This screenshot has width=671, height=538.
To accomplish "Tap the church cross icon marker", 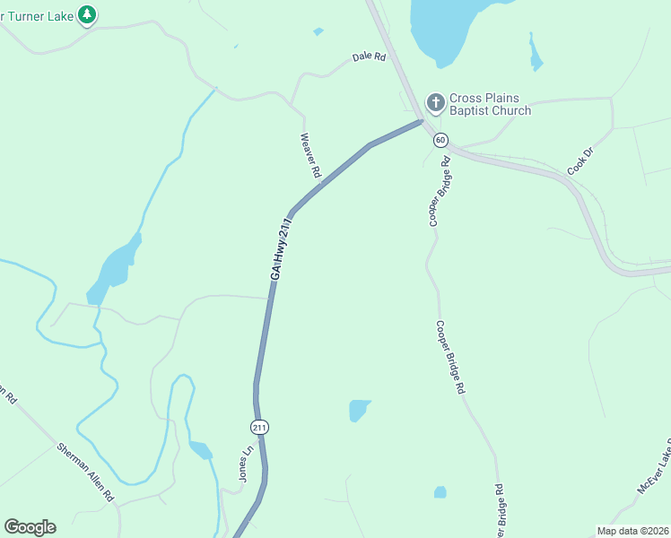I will pyautogui.click(x=435, y=102).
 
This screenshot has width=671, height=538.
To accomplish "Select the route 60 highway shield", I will pyautogui.click(x=440, y=140).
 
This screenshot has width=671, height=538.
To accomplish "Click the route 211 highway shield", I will pyautogui.click(x=259, y=428).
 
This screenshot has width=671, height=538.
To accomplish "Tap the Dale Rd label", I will pyautogui.click(x=369, y=56).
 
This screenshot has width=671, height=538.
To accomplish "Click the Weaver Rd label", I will pyautogui.click(x=310, y=154).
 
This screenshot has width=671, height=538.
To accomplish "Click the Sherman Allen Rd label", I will pyautogui.click(x=85, y=472).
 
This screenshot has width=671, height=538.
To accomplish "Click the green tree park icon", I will pyautogui.click(x=87, y=14).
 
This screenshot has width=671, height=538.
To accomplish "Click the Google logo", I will pyautogui.click(x=30, y=527).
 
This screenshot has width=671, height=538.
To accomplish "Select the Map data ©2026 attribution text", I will pyautogui.click(x=632, y=531).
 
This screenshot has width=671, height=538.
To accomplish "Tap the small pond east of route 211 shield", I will pyautogui.click(x=359, y=410).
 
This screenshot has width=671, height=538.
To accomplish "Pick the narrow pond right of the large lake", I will pyautogui.click(x=536, y=55).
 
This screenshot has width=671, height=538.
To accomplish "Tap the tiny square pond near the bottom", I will pyautogui.click(x=440, y=492).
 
